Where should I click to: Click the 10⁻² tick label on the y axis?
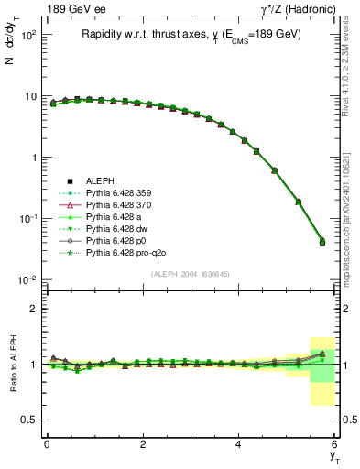pyautogui.click(x=27, y=279)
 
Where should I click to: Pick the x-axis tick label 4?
pyautogui.click(x=238, y=444)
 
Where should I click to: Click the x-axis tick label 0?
pyautogui.click(x=47, y=444)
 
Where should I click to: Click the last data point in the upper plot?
pyautogui.click(x=321, y=242)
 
